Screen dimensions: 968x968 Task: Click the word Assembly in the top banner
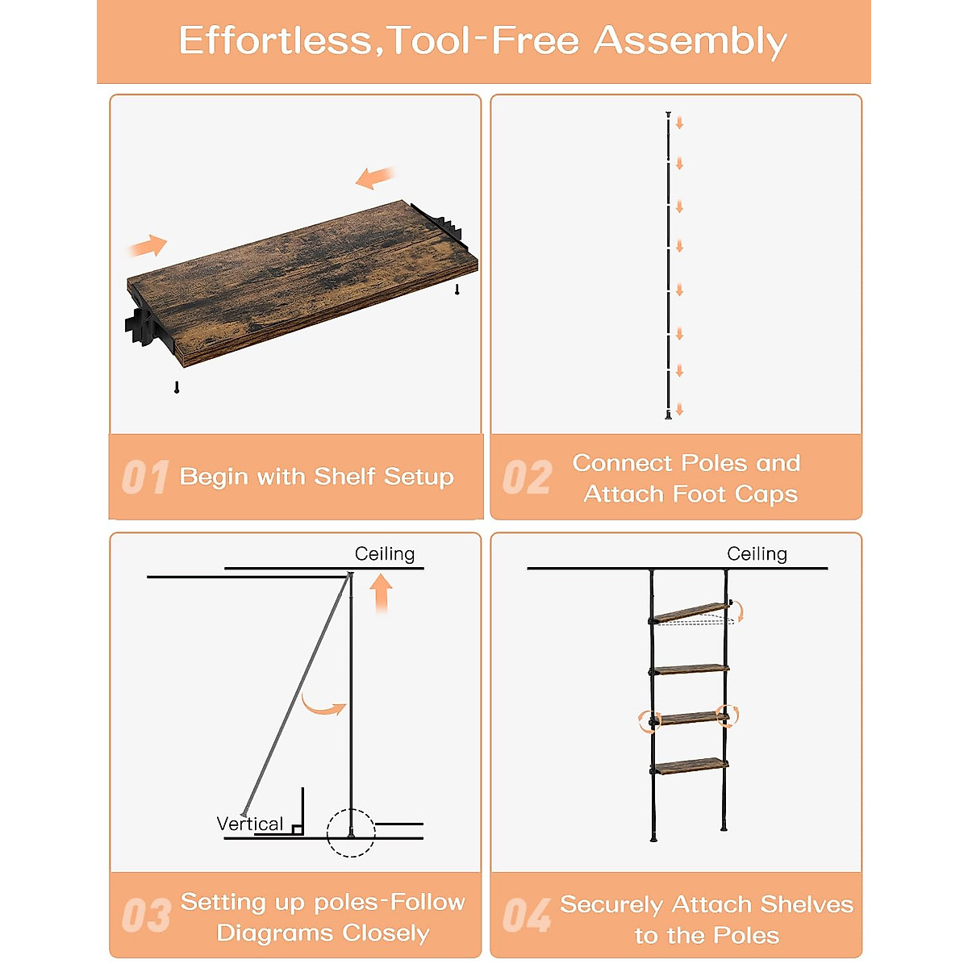[690, 42]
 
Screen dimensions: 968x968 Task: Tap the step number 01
[145, 477]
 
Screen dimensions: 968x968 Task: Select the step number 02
[527, 477]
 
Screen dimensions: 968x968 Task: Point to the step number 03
[146, 915]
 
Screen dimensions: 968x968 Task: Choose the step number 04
[527, 915]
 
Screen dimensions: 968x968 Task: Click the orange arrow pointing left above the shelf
[375, 177]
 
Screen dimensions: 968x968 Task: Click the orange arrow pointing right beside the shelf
[148, 245]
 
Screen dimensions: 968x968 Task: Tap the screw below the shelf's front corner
[177, 387]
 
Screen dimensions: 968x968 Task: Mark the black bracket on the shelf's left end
[141, 326]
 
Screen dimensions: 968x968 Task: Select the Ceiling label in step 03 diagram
[385, 553]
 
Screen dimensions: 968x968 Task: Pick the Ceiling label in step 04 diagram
[757, 553]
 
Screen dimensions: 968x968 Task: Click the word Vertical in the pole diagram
[249, 824]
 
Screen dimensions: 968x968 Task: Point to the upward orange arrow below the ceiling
[382, 593]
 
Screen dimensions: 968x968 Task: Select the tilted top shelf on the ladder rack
[691, 612]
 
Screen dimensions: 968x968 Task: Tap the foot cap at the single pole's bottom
[668, 415]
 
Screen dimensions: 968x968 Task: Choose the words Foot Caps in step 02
[736, 494]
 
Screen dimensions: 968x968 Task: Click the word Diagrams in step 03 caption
[274, 933]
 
